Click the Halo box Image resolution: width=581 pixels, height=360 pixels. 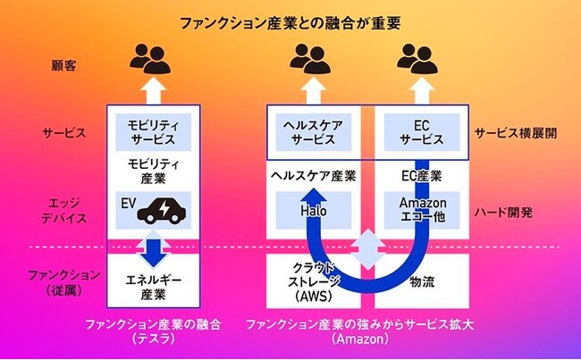(x=313, y=209)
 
